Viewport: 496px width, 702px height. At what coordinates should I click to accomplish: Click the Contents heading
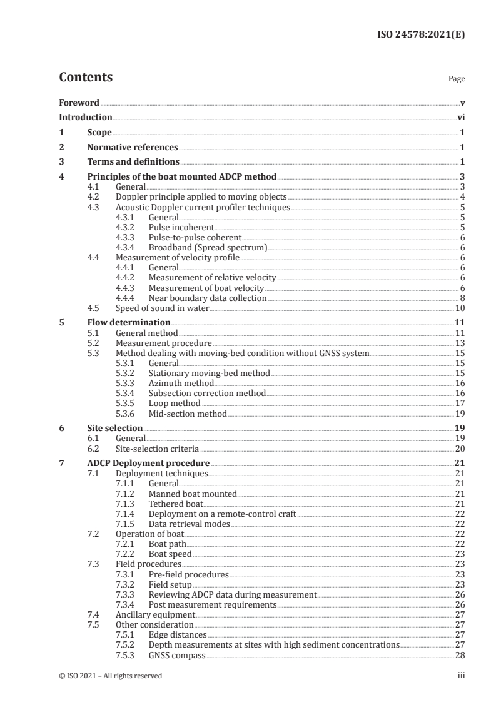coord(86,78)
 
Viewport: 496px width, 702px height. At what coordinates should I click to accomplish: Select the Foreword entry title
coord(79,103)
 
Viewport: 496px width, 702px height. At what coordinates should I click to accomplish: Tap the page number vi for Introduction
coord(460,117)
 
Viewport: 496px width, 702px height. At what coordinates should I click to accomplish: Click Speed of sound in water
coord(163,308)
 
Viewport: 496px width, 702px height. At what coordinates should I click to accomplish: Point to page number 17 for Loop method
coord(460,404)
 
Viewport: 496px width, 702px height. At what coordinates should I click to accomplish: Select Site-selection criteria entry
coord(158,449)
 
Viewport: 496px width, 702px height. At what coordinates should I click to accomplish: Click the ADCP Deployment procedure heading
coord(148,463)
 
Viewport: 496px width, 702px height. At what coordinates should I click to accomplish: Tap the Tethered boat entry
coord(176,504)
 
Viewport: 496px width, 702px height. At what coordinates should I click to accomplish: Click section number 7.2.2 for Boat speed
coord(127,554)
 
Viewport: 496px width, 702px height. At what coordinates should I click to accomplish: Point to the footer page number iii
coord(461,676)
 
